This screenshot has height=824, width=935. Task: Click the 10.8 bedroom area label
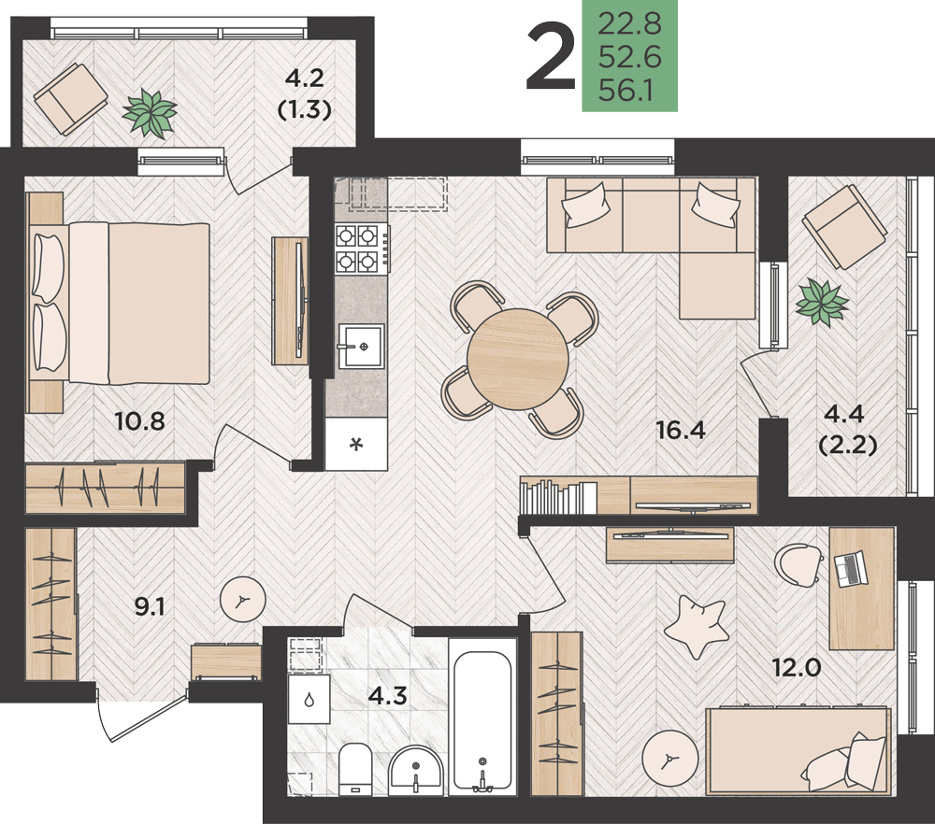click(x=139, y=421)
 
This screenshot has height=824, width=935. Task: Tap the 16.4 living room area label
click(x=681, y=429)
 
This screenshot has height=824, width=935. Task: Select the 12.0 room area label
click(x=797, y=668)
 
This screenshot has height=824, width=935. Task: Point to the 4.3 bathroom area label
click(x=388, y=695)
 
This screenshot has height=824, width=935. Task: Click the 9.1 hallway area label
click(x=149, y=606)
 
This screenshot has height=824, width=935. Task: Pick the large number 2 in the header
click(x=551, y=55)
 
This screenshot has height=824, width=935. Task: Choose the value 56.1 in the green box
click(x=626, y=92)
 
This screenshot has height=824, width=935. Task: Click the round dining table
click(x=518, y=359)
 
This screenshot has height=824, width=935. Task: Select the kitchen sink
click(x=361, y=347)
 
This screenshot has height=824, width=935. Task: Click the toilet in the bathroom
click(x=355, y=769)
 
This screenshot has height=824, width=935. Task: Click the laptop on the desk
click(x=851, y=569)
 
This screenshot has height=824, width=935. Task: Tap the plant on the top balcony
click(x=149, y=113)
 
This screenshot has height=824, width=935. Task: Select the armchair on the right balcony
click(x=843, y=226)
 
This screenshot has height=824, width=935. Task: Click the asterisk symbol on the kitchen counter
click(x=356, y=444)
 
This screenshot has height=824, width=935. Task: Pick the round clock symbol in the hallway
click(x=243, y=600)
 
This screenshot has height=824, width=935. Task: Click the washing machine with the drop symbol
click(x=309, y=700)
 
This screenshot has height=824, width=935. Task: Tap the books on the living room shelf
click(x=558, y=497)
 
